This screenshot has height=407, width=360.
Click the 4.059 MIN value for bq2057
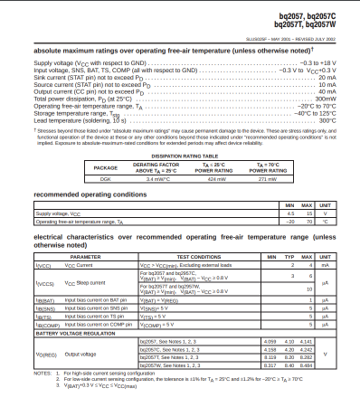click(269, 341)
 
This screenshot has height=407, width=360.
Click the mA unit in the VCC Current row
click(330, 265)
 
